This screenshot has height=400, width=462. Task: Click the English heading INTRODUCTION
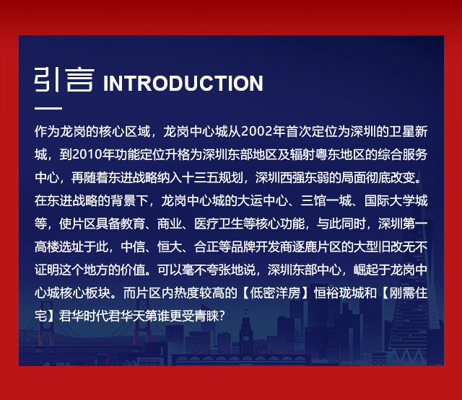183,83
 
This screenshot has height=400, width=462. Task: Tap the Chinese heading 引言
64,79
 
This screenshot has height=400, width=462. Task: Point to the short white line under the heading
48,108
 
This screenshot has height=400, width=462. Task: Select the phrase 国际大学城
396,200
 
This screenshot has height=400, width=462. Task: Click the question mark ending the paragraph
222,316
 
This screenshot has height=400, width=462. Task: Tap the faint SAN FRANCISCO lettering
284,352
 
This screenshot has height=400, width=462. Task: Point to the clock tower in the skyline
245,332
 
